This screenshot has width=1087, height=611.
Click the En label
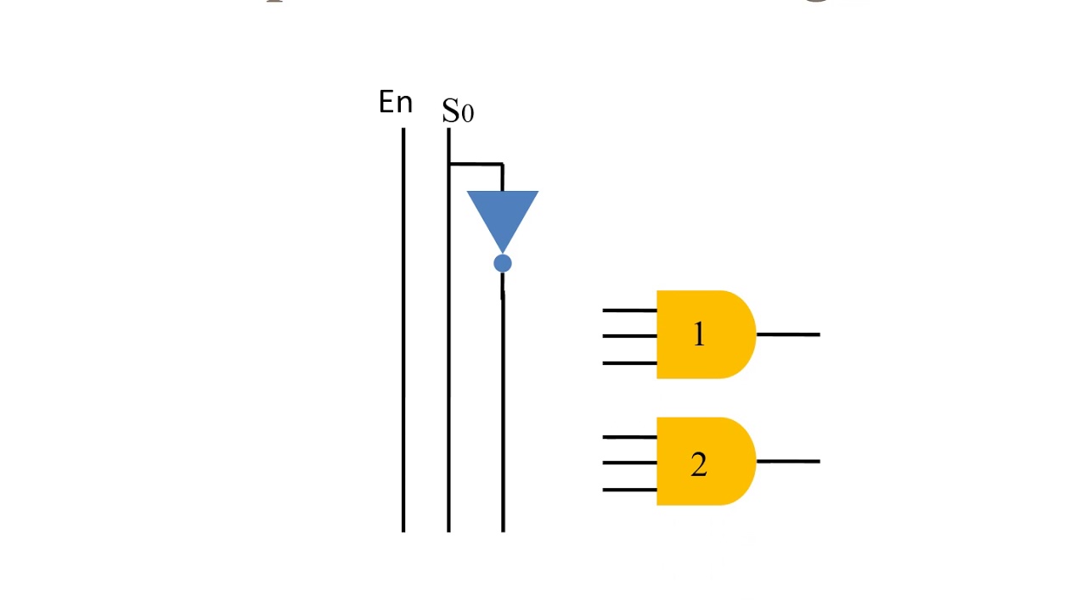[x=396, y=103]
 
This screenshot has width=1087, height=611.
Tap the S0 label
[x=458, y=111]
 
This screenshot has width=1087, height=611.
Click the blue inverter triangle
[x=503, y=215]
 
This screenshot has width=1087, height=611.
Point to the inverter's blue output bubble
[x=503, y=264]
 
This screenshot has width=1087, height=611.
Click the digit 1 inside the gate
[x=699, y=335]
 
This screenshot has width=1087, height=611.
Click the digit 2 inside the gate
[x=699, y=464]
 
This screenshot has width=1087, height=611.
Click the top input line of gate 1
[x=629, y=311]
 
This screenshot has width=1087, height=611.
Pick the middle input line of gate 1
[x=629, y=336]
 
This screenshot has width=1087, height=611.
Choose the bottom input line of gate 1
[x=629, y=363]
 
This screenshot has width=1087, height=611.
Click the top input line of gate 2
[x=629, y=437]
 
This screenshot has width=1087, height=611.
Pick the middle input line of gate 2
[x=629, y=462]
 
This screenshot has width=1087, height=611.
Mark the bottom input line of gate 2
[x=629, y=490]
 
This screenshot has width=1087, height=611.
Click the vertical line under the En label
[x=403, y=339]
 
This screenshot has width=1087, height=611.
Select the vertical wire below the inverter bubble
[x=503, y=407]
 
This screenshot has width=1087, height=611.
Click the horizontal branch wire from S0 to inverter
[x=476, y=164]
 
